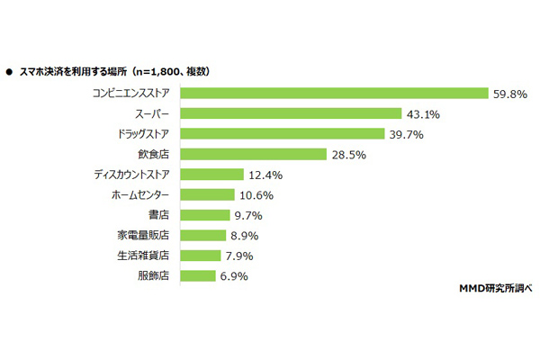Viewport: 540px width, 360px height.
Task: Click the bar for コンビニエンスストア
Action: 332,93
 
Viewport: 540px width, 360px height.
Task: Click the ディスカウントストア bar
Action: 211,174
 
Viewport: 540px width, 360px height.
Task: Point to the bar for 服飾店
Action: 198,275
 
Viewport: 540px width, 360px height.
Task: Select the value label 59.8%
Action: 508,93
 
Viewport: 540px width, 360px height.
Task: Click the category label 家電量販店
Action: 145,235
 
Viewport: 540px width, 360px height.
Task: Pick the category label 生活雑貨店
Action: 145,255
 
